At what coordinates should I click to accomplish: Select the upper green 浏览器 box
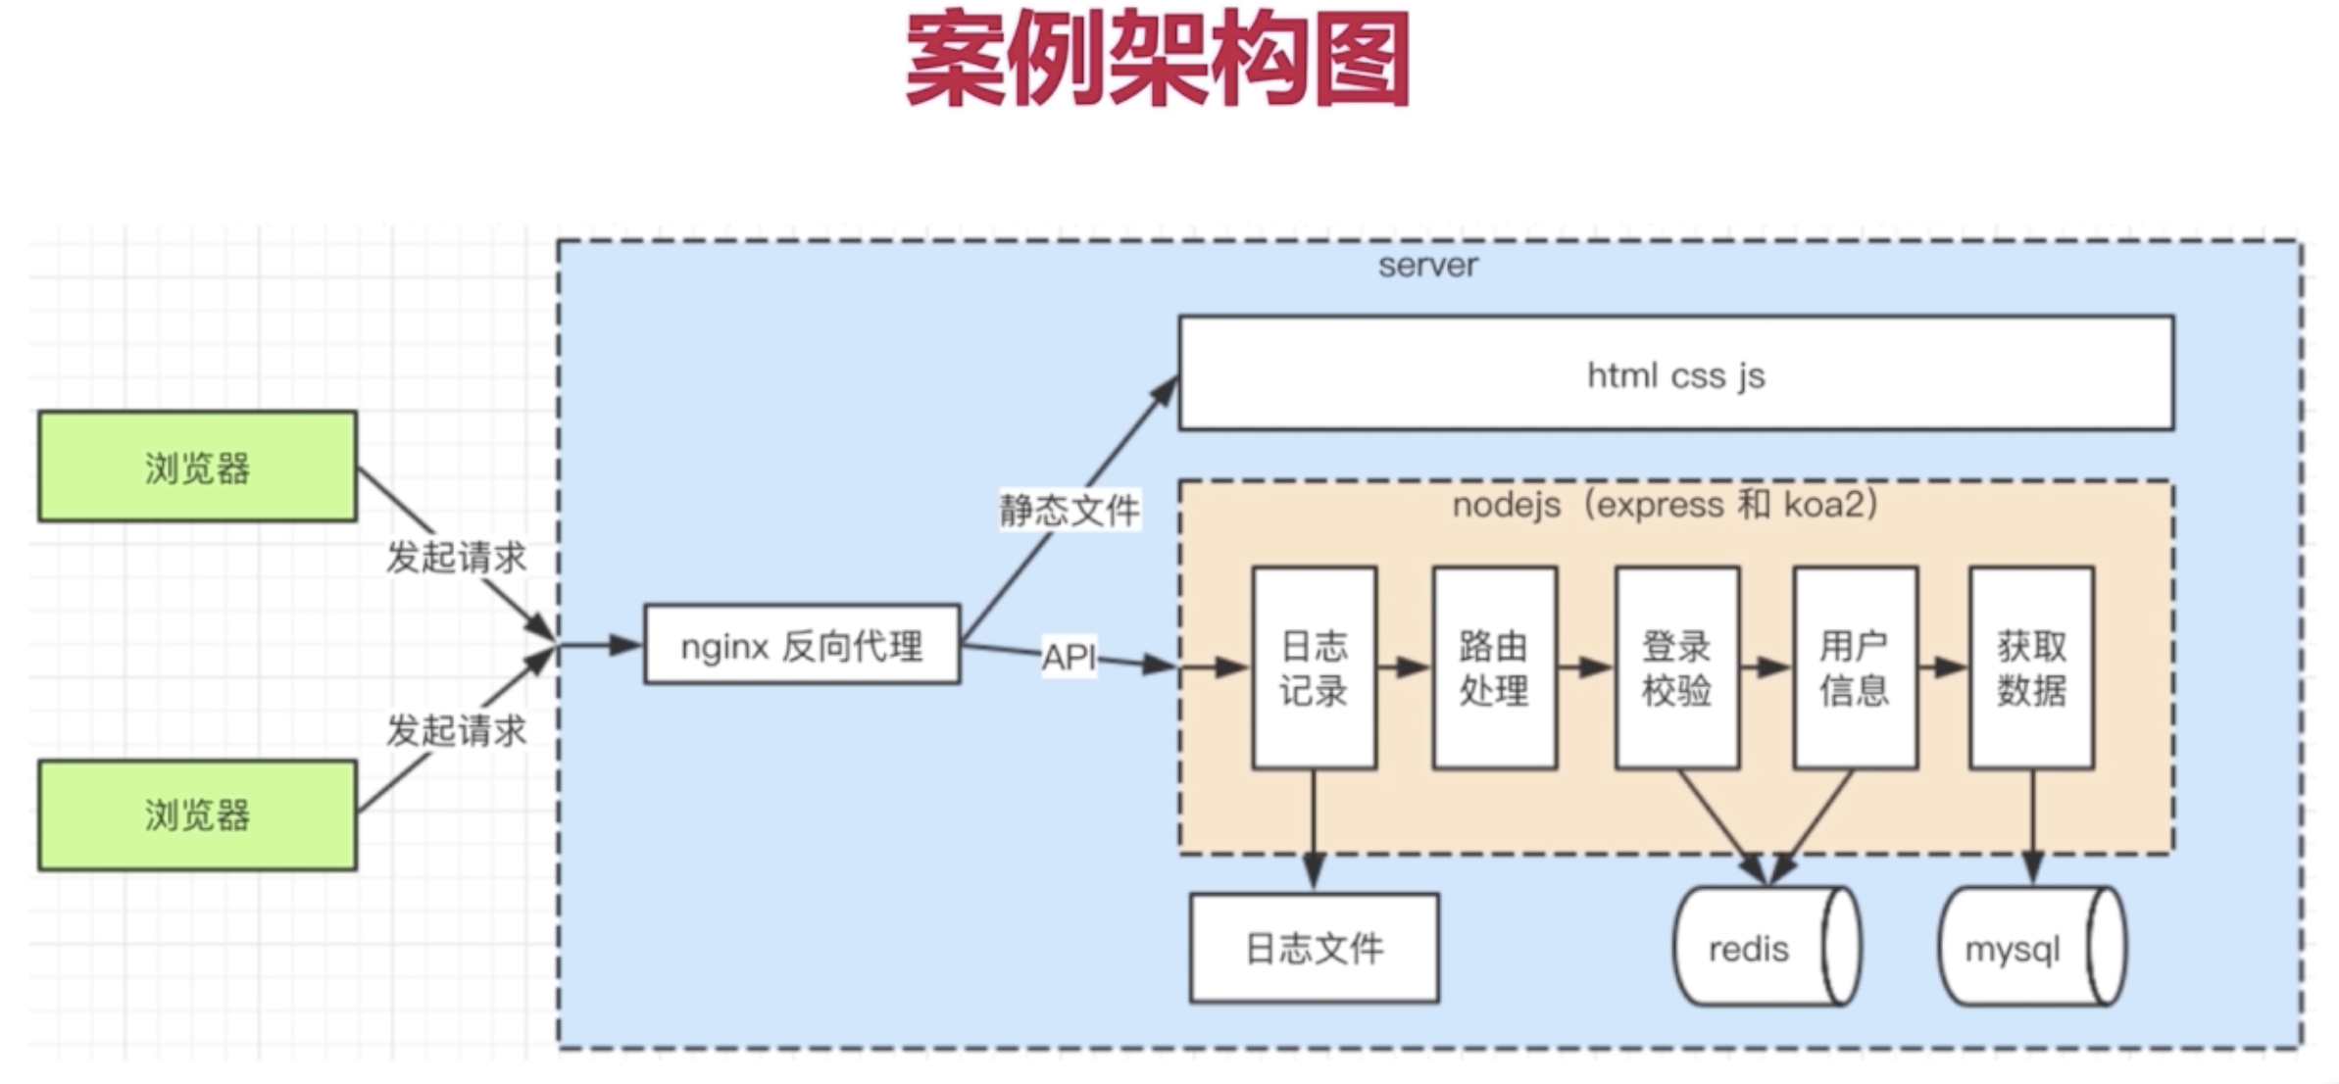[197, 467]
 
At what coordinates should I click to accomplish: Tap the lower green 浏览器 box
[197, 814]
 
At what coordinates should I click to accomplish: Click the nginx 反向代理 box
[801, 645]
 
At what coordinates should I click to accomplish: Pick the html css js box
[1675, 373]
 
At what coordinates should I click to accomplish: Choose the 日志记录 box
[1314, 667]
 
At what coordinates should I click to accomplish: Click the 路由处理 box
[1493, 667]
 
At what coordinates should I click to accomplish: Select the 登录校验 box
[1676, 667]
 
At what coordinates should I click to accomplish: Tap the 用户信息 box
[1854, 667]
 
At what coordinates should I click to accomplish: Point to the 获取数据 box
[2031, 667]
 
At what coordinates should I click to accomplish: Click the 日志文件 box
[1314, 948]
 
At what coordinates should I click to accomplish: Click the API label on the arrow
[1068, 657]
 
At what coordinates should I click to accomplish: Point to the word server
[1427, 265]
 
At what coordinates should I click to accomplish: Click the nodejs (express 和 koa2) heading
[1665, 506]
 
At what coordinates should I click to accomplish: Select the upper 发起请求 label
[456, 558]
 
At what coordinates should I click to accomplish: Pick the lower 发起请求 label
[456, 730]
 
